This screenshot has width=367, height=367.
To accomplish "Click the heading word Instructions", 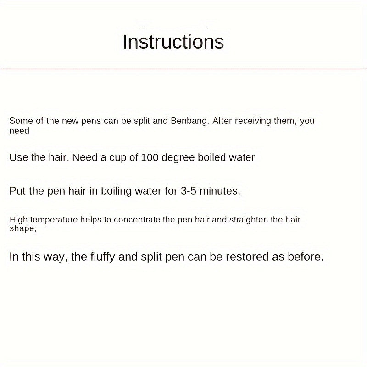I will (173, 42).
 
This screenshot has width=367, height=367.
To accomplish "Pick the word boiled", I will (212, 157).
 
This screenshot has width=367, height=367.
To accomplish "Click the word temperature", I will (54, 220).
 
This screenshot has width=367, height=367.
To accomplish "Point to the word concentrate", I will (138, 220).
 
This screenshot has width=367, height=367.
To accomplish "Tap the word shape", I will (22, 228).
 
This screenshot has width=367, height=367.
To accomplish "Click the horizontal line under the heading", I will (183, 69).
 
